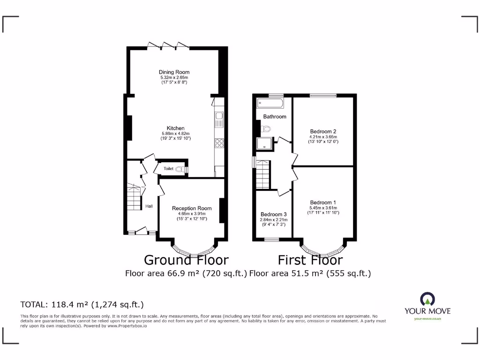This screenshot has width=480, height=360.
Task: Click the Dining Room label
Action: point(174,72)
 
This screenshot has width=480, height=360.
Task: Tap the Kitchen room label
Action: point(176,128)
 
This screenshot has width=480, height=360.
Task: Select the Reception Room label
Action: point(192,208)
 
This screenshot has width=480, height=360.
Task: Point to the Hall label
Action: point(149,206)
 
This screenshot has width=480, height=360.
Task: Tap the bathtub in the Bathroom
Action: point(269,103)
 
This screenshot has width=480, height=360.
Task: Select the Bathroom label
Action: point(275,116)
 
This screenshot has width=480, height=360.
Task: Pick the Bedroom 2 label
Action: point(323,131)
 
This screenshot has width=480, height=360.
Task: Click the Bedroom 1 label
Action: point(323,202)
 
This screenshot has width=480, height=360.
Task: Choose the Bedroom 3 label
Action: point(274,214)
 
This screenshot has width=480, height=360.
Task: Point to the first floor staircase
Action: point(263,174)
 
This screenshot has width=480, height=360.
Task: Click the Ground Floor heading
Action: point(186,260)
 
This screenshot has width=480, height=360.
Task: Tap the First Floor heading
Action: point(310,260)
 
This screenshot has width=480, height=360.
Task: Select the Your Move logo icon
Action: point(427,299)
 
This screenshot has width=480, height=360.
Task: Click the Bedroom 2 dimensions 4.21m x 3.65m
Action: point(323,137)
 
